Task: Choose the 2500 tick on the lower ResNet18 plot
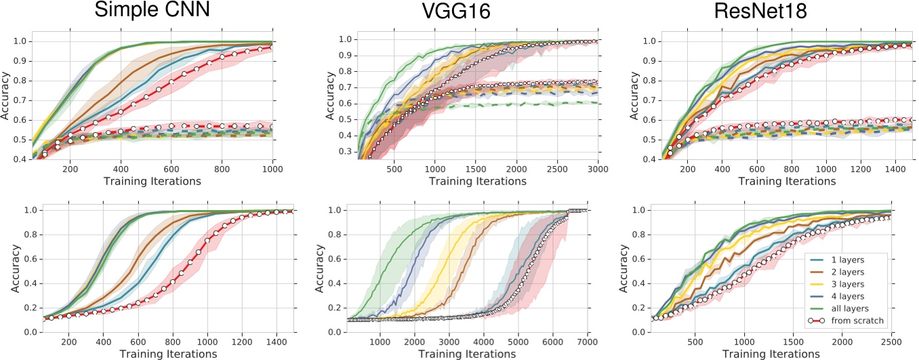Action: [x=891, y=340]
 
